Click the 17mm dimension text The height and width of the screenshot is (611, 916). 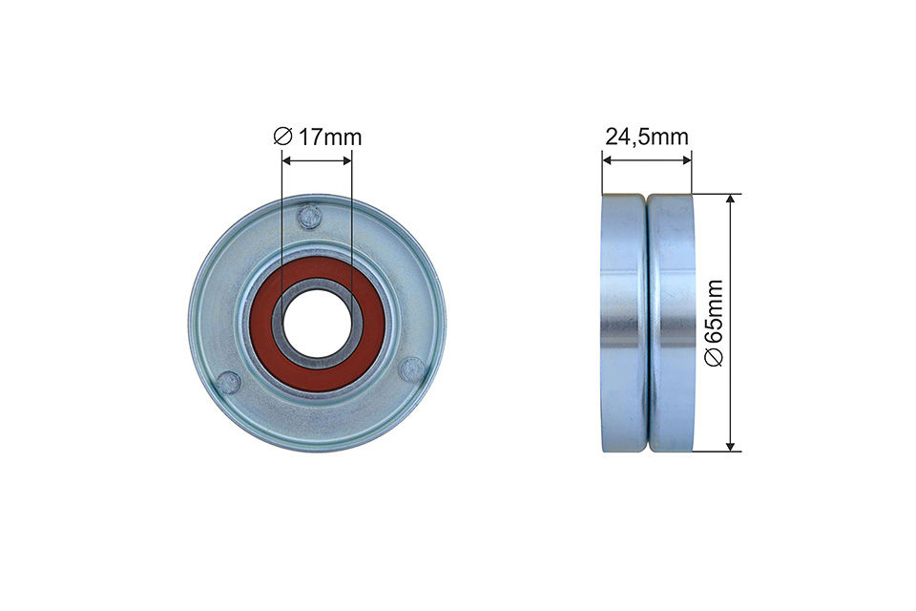pyautogui.click(x=329, y=137)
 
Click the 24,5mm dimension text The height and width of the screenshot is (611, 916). pyautogui.click(x=646, y=137)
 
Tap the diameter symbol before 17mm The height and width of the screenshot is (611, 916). pyautogui.click(x=281, y=137)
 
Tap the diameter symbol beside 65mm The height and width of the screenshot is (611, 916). pyautogui.click(x=715, y=356)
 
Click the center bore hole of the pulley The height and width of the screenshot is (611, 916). pyautogui.click(x=318, y=323)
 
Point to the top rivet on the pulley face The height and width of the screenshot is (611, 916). pyautogui.click(x=308, y=217)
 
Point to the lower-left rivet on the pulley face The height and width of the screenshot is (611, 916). pyautogui.click(x=227, y=383)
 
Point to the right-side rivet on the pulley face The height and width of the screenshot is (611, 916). pyautogui.click(x=411, y=368)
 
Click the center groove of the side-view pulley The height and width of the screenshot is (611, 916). pyautogui.click(x=648, y=323)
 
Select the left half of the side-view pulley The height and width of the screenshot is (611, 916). pyautogui.click(x=624, y=323)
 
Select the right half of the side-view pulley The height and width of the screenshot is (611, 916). pyautogui.click(x=672, y=323)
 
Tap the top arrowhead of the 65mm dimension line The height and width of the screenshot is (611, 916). pyautogui.click(x=731, y=200)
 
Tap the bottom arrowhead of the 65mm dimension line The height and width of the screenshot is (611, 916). pyautogui.click(x=731, y=445)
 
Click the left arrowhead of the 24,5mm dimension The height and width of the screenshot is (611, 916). pyautogui.click(x=607, y=160)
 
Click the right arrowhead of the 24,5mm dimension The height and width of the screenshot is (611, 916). pyautogui.click(x=687, y=160)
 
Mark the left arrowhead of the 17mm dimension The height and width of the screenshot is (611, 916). pyautogui.click(x=286, y=160)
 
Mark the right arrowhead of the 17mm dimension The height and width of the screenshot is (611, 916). pyautogui.click(x=347, y=160)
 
